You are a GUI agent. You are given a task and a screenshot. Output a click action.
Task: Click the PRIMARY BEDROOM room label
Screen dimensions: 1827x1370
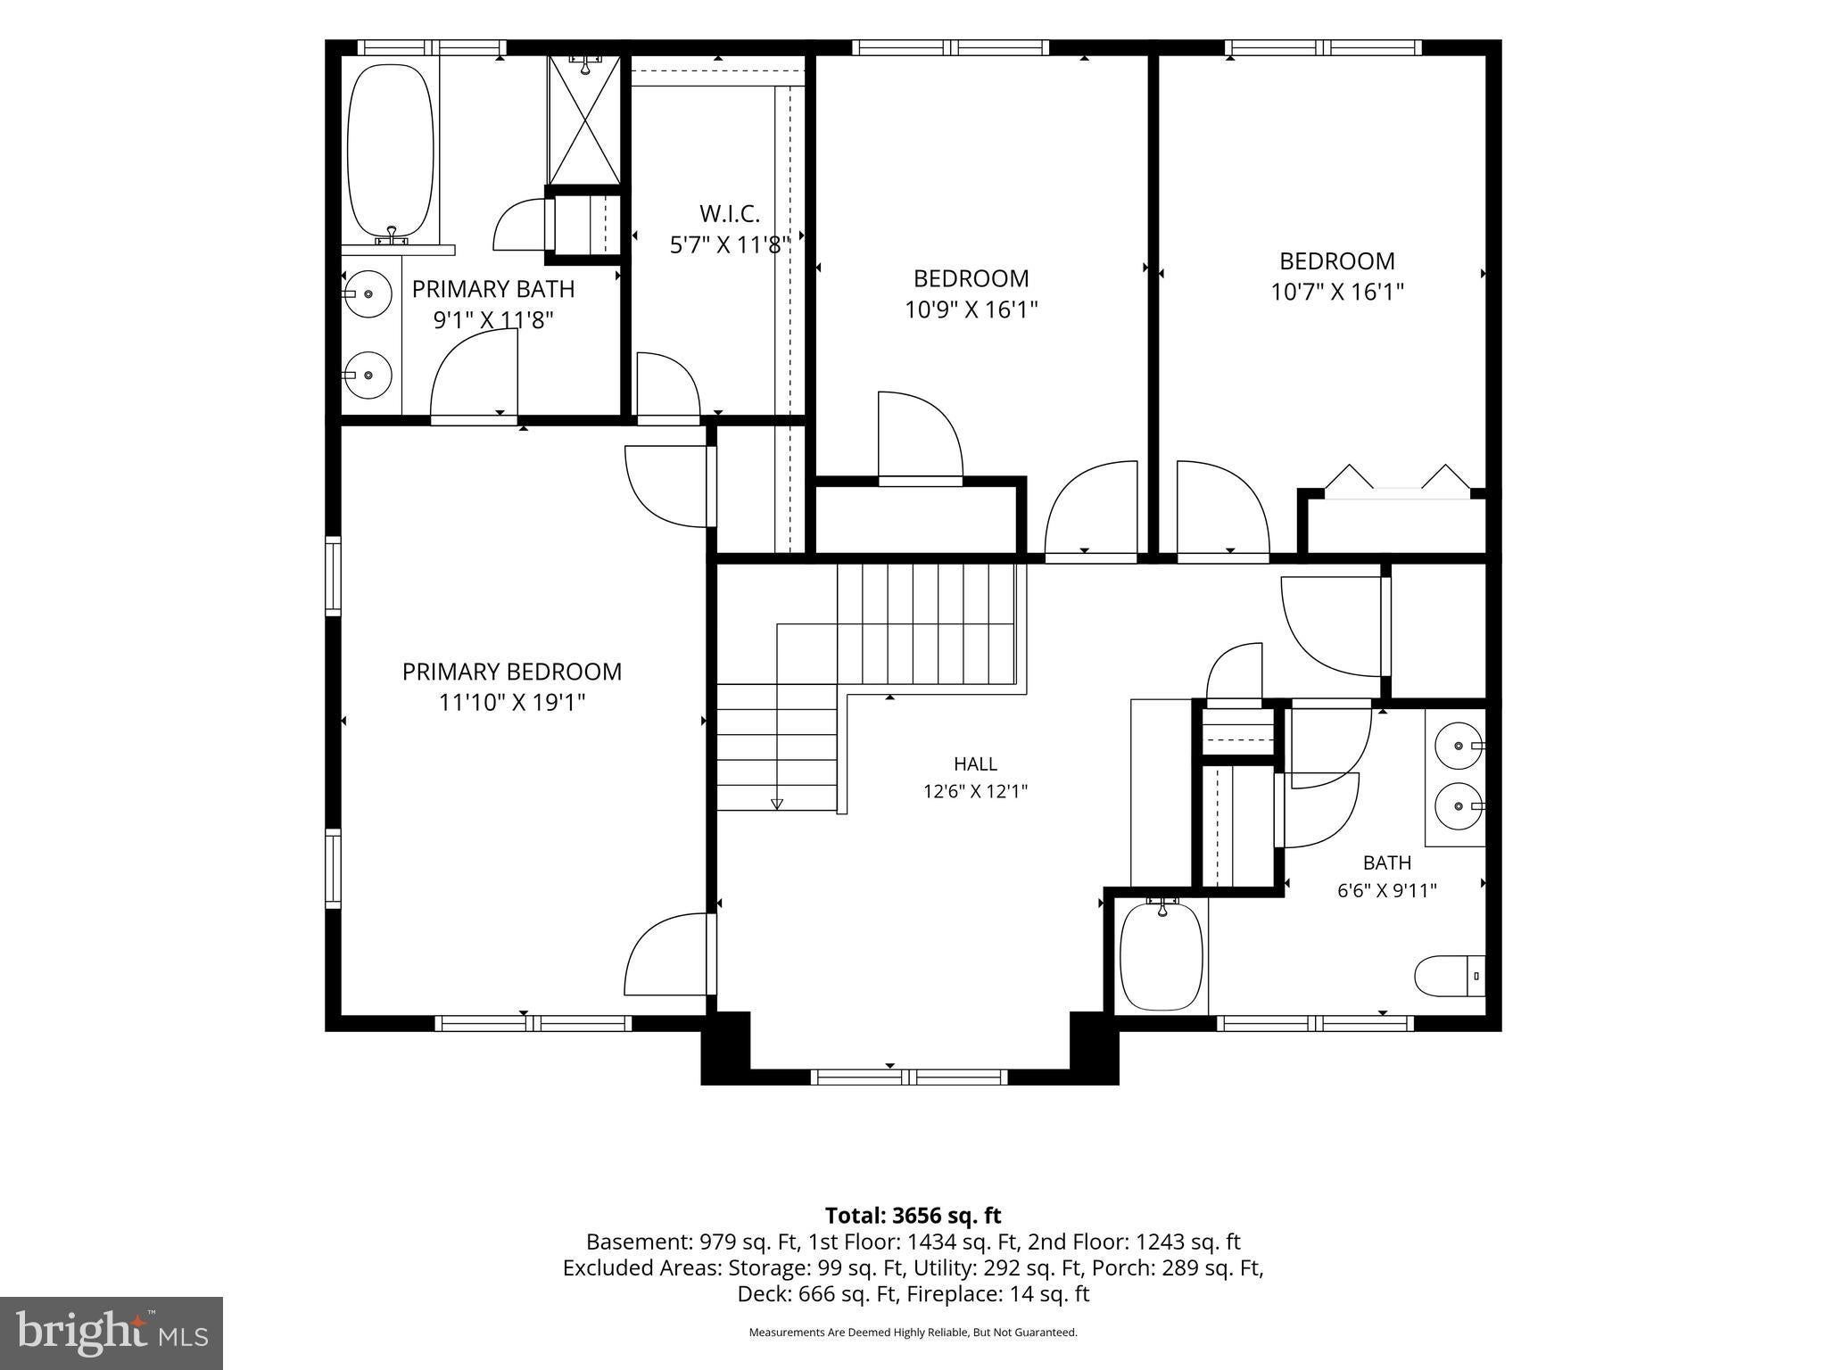click(512, 672)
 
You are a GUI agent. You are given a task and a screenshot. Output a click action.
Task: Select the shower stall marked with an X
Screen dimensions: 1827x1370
click(583, 120)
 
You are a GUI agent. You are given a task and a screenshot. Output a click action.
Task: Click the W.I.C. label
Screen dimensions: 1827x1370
click(730, 214)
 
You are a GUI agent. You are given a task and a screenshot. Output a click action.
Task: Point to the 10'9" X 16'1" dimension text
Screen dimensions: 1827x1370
click(971, 309)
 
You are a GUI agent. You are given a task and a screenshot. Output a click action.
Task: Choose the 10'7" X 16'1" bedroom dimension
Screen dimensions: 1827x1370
click(1337, 292)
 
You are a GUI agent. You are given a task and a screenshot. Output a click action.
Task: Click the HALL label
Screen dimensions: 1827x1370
click(976, 763)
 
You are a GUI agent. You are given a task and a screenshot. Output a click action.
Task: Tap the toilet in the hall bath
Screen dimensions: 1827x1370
click(1449, 977)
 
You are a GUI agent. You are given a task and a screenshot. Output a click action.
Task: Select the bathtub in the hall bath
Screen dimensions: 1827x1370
click(1162, 955)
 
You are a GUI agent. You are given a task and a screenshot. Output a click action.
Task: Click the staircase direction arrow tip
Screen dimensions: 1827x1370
click(777, 808)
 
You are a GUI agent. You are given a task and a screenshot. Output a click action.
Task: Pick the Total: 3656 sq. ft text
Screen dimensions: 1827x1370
click(913, 1216)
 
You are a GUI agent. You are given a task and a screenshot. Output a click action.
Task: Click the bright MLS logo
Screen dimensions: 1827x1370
click(112, 1333)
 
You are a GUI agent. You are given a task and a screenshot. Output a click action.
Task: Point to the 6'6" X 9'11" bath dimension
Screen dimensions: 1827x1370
click(1387, 890)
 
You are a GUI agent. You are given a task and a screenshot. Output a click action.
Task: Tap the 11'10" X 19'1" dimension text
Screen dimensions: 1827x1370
click(512, 703)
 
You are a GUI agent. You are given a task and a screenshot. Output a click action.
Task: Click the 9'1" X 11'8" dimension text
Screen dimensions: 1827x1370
click(493, 320)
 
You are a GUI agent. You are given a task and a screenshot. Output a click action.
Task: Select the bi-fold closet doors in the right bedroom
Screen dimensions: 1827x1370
click(1397, 477)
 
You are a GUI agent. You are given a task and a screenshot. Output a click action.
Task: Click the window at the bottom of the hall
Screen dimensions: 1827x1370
click(909, 1077)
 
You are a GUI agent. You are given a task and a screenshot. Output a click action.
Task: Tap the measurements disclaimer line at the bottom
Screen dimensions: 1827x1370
click(913, 1333)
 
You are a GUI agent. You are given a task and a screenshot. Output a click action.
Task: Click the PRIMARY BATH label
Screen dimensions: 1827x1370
click(493, 289)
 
